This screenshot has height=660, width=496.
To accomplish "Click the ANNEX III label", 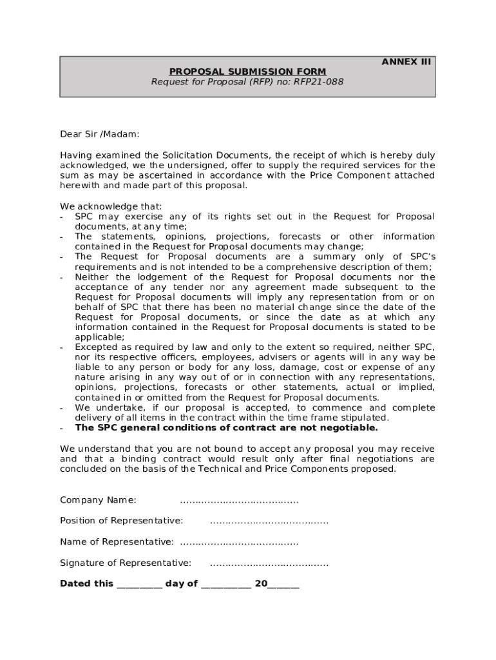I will (406, 62).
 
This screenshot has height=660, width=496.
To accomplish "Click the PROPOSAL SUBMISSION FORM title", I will (247, 72).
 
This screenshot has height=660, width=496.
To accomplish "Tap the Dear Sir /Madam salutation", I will (99, 134).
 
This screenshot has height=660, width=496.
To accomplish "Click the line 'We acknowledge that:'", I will (111, 206).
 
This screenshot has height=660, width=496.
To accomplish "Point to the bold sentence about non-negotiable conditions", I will (226, 427).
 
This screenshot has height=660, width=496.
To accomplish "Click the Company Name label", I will (98, 500).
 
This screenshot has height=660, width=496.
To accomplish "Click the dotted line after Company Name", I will (239, 500).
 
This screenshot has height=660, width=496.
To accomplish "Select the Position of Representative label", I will (121, 521).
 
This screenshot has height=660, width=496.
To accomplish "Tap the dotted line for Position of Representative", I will (269, 521).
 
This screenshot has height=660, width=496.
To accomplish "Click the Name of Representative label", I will (117, 541).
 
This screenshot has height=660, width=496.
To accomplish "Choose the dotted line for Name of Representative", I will (239, 541).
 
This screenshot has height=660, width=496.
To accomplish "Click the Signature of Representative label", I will (126, 563).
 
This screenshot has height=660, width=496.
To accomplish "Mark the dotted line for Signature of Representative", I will (269, 563).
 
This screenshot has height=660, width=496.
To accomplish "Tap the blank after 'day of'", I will (225, 584).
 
